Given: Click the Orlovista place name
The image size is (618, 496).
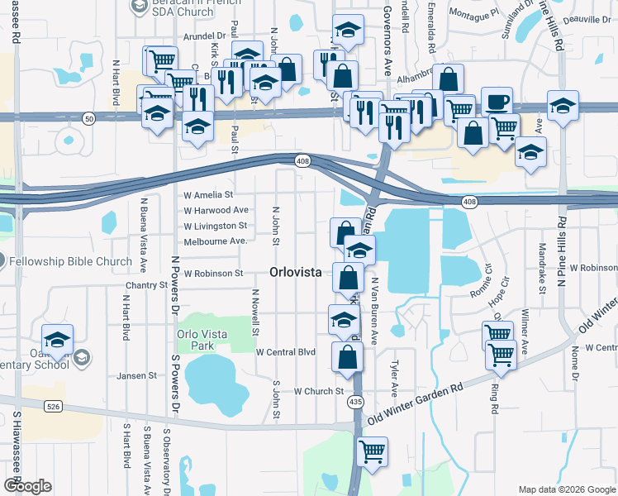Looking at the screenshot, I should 298,272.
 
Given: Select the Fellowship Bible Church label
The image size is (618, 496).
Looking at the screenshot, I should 71,261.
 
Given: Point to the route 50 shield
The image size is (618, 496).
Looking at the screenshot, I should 88,119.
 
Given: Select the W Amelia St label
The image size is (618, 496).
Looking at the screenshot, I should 207,195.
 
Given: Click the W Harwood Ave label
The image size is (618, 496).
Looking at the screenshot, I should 216,210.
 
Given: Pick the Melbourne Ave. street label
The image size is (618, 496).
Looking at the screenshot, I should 216,241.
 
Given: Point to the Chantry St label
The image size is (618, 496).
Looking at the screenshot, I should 147,285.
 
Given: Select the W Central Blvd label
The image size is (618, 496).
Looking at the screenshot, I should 286,352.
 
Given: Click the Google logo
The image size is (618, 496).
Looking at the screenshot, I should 27,486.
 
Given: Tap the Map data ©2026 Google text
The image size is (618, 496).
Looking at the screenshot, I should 566,489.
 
